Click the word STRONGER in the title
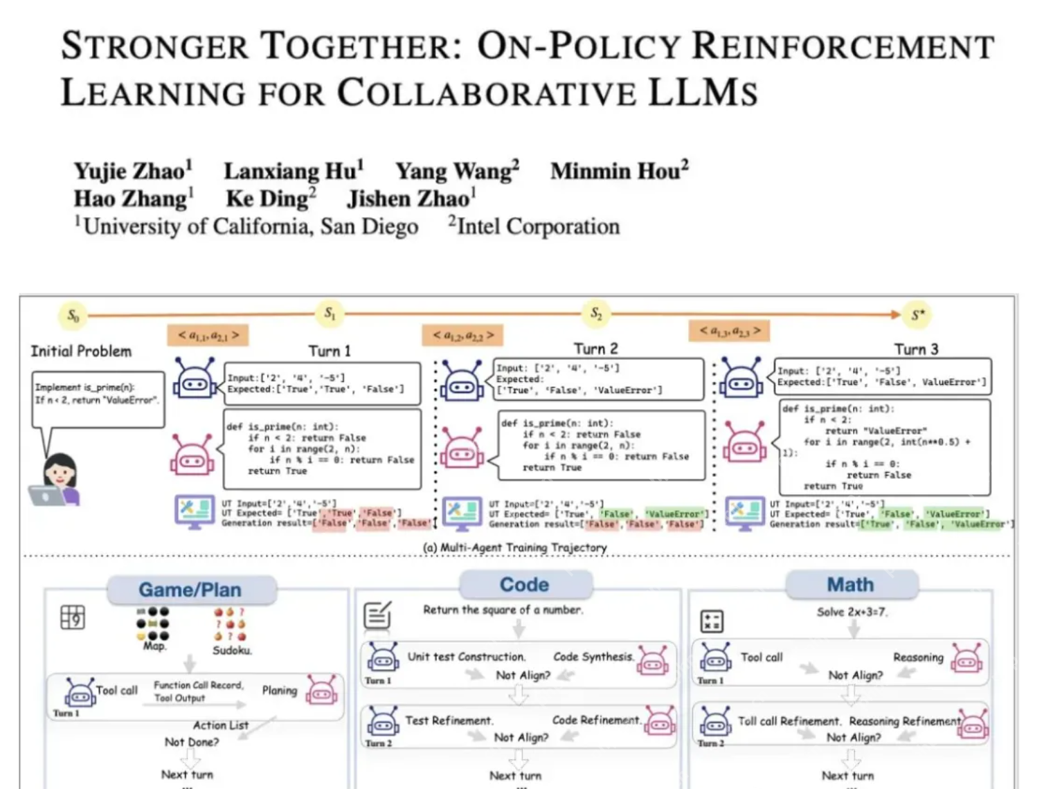pos(154,47)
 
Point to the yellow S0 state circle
pos(73,316)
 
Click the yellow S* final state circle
pos(917,316)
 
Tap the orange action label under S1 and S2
pos(463,335)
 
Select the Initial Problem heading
pos(81,352)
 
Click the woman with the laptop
pos(58,479)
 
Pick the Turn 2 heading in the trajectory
pos(595,349)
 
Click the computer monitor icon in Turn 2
pos(461,514)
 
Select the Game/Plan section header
pos(190,590)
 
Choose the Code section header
pos(524,584)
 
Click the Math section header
pos(850,585)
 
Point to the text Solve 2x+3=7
pos(852,612)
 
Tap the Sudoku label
pos(232,651)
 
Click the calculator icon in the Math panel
pos(712,621)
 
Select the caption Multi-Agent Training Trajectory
pos(515,547)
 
